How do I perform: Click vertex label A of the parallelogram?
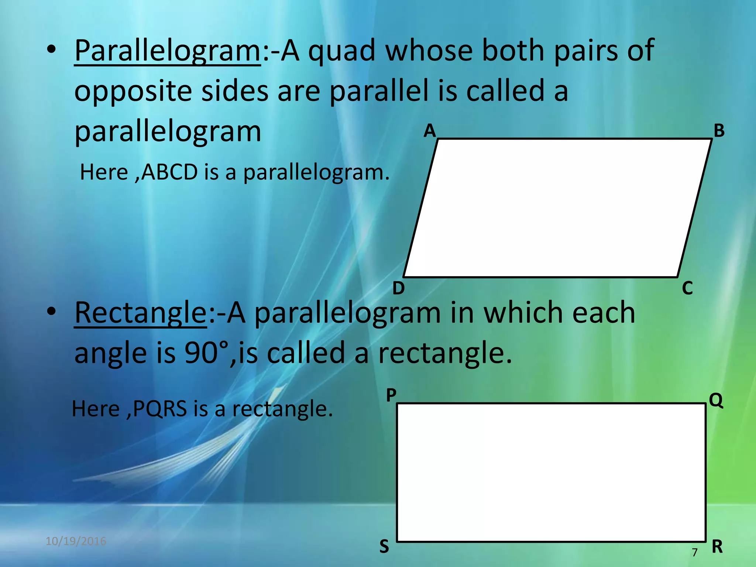[430, 131]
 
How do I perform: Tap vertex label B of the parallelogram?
[719, 131]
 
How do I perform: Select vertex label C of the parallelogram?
[687, 288]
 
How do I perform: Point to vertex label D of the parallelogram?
[398, 288]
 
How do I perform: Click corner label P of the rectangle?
[391, 395]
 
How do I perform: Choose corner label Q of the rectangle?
[716, 400]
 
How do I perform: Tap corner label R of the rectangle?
[717, 547]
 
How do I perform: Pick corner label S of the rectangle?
[384, 547]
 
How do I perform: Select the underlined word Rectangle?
[141, 313]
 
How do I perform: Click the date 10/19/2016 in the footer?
[76, 541]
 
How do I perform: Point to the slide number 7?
[695, 552]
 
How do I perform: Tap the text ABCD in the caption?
[170, 172]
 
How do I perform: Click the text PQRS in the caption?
[160, 409]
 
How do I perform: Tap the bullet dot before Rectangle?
[51, 312]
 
